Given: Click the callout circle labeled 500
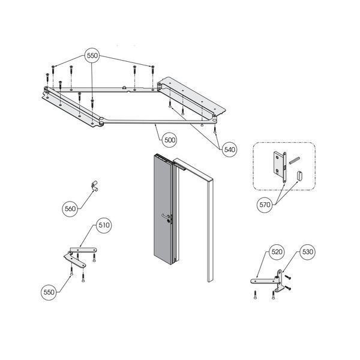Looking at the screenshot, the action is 170,140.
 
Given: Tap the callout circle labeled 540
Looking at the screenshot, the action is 229,149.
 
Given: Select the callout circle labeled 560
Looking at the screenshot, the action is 70,209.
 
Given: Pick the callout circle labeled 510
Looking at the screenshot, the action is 104,225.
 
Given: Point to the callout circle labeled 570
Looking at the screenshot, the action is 265,205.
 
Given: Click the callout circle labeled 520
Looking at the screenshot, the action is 277,252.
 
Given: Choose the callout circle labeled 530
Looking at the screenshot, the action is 307,252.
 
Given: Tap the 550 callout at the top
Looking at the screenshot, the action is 92,56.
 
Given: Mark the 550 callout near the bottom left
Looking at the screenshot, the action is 49,292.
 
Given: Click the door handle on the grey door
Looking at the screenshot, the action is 166,216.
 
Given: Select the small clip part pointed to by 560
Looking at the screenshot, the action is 94,186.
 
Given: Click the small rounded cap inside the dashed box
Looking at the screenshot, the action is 299,176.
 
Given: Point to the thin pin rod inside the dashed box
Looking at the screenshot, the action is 295,160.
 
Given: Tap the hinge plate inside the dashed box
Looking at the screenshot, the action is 280,167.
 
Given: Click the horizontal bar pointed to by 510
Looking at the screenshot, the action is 83,250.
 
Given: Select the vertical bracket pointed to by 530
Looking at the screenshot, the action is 279,281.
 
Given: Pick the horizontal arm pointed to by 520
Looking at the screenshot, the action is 263,281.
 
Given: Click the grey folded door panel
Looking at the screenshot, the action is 163,209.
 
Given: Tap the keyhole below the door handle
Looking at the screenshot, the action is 169,221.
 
